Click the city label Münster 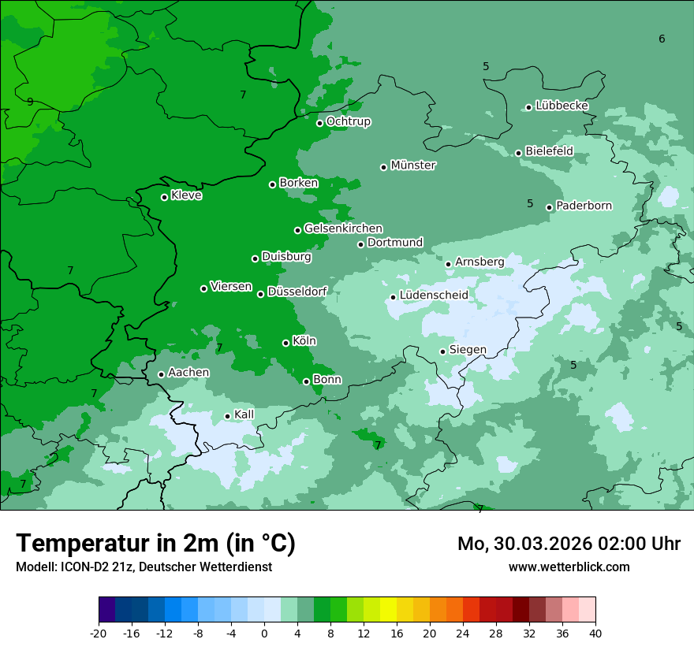click(x=413, y=165)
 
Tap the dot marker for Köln click(x=285, y=343)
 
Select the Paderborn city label click(x=584, y=206)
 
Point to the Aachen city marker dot click(x=161, y=374)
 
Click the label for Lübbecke click(x=562, y=106)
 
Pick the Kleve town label click(x=186, y=195)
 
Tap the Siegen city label click(x=468, y=350)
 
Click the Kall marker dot click(x=227, y=416)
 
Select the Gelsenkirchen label click(x=343, y=229)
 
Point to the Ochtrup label click(x=348, y=121)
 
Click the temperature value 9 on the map click(x=30, y=102)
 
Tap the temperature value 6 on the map click(x=662, y=39)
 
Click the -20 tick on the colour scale click(x=99, y=633)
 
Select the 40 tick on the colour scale click(x=595, y=633)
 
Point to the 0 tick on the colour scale click(x=264, y=633)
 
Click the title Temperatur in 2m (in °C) click(x=155, y=544)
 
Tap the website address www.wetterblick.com click(x=569, y=567)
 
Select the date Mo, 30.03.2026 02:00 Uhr click(x=569, y=544)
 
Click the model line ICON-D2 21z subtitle click(x=144, y=567)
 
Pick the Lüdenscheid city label click(x=434, y=295)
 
